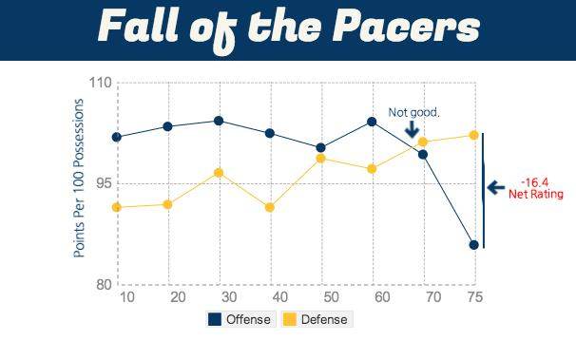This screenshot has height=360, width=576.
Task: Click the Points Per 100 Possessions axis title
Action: point(80,178)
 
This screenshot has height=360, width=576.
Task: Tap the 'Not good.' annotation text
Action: point(413,113)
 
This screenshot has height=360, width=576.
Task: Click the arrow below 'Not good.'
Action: point(412,129)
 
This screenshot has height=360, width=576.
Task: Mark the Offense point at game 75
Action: point(473,245)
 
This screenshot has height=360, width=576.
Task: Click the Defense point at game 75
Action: point(473,135)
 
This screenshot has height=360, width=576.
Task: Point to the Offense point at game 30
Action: point(219,121)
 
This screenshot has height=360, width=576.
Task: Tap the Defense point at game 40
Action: point(270,207)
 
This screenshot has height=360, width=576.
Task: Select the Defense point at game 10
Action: point(117,207)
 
